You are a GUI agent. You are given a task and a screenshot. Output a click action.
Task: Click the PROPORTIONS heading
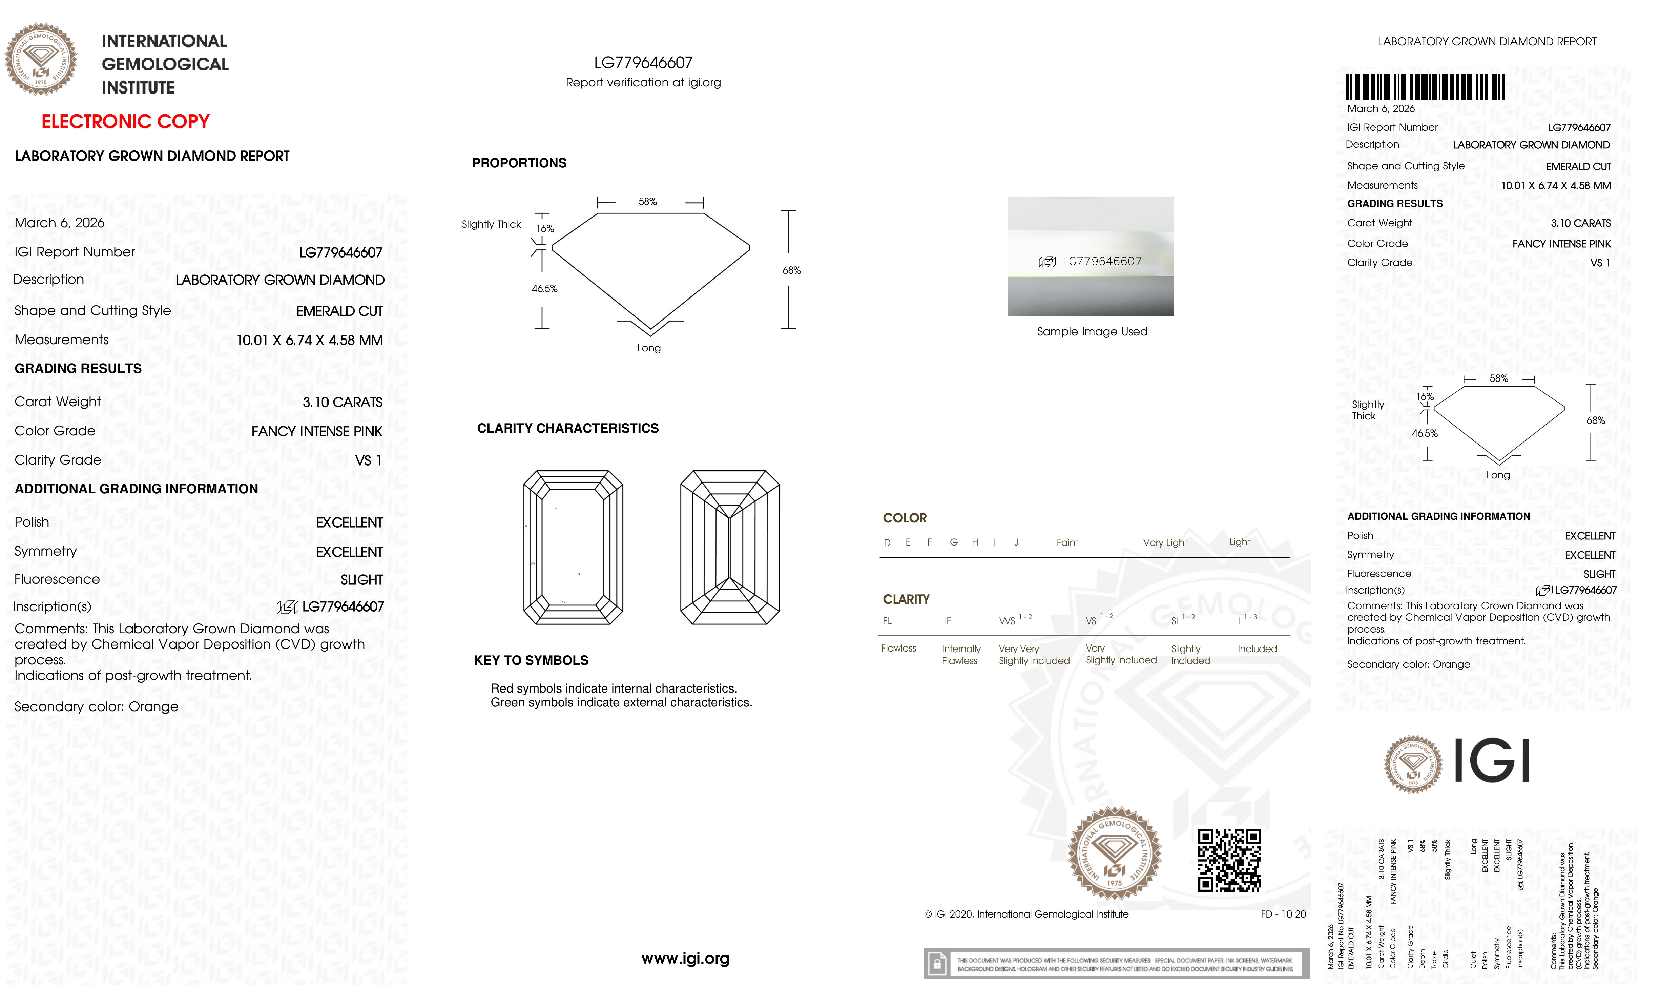click(519, 163)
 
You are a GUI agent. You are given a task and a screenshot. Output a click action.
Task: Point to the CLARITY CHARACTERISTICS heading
click(567, 429)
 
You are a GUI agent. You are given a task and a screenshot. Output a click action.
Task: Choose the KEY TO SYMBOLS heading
click(531, 660)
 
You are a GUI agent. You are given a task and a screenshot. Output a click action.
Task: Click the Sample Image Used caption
click(1092, 331)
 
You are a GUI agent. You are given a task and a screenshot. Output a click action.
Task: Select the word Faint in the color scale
click(1067, 542)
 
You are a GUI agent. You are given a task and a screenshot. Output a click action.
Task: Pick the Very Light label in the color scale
click(1165, 542)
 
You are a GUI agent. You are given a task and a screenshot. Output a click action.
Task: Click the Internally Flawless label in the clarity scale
click(961, 654)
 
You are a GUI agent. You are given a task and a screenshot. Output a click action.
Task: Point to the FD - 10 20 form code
click(1283, 914)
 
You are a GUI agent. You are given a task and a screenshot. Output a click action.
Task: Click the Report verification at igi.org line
click(643, 83)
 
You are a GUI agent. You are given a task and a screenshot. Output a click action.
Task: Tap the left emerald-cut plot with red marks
click(573, 547)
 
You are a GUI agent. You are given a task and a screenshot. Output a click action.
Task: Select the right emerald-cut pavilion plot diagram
click(730, 547)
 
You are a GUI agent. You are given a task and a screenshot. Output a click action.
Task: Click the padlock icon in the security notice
click(936, 964)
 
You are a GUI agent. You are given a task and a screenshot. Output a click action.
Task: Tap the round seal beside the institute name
click(41, 59)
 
